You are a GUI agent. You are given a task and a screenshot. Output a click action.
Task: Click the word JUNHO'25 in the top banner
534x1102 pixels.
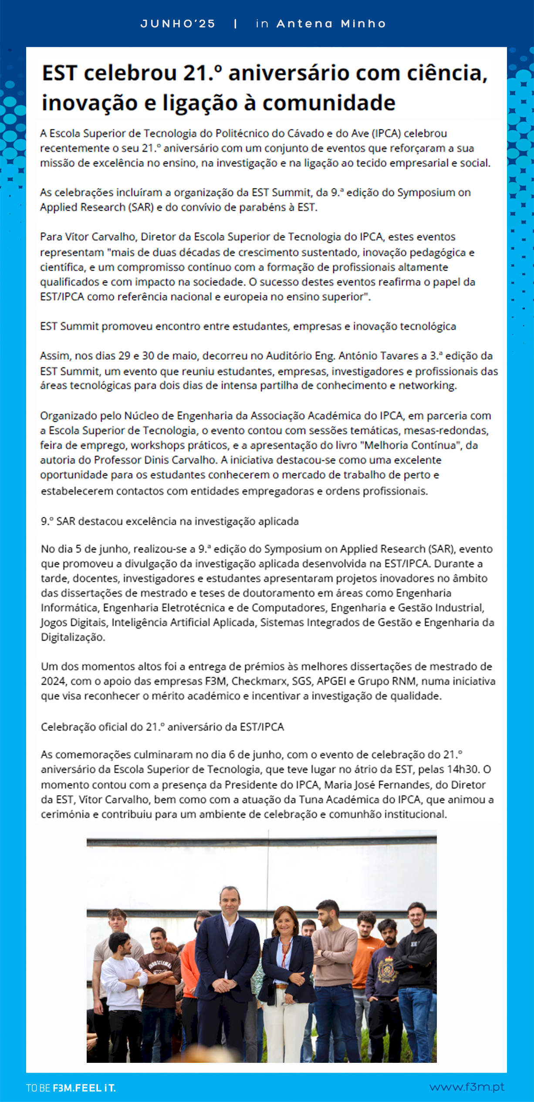pos(178,24)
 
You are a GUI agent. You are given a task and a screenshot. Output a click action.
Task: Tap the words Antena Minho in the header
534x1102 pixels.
pos(331,24)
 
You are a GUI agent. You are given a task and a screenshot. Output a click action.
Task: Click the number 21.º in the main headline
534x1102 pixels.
pos(202,73)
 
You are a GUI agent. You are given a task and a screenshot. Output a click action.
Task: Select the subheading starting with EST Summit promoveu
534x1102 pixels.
pos(248,326)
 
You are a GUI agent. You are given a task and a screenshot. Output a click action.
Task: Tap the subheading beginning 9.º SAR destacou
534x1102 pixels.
pos(170,521)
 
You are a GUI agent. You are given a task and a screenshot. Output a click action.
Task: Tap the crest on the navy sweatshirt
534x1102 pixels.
pos(386,969)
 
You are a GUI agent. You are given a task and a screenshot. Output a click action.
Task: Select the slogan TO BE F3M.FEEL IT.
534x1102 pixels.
pos(71,1088)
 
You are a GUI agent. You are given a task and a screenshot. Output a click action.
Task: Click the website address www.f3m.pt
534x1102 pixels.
pos(466,1087)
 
